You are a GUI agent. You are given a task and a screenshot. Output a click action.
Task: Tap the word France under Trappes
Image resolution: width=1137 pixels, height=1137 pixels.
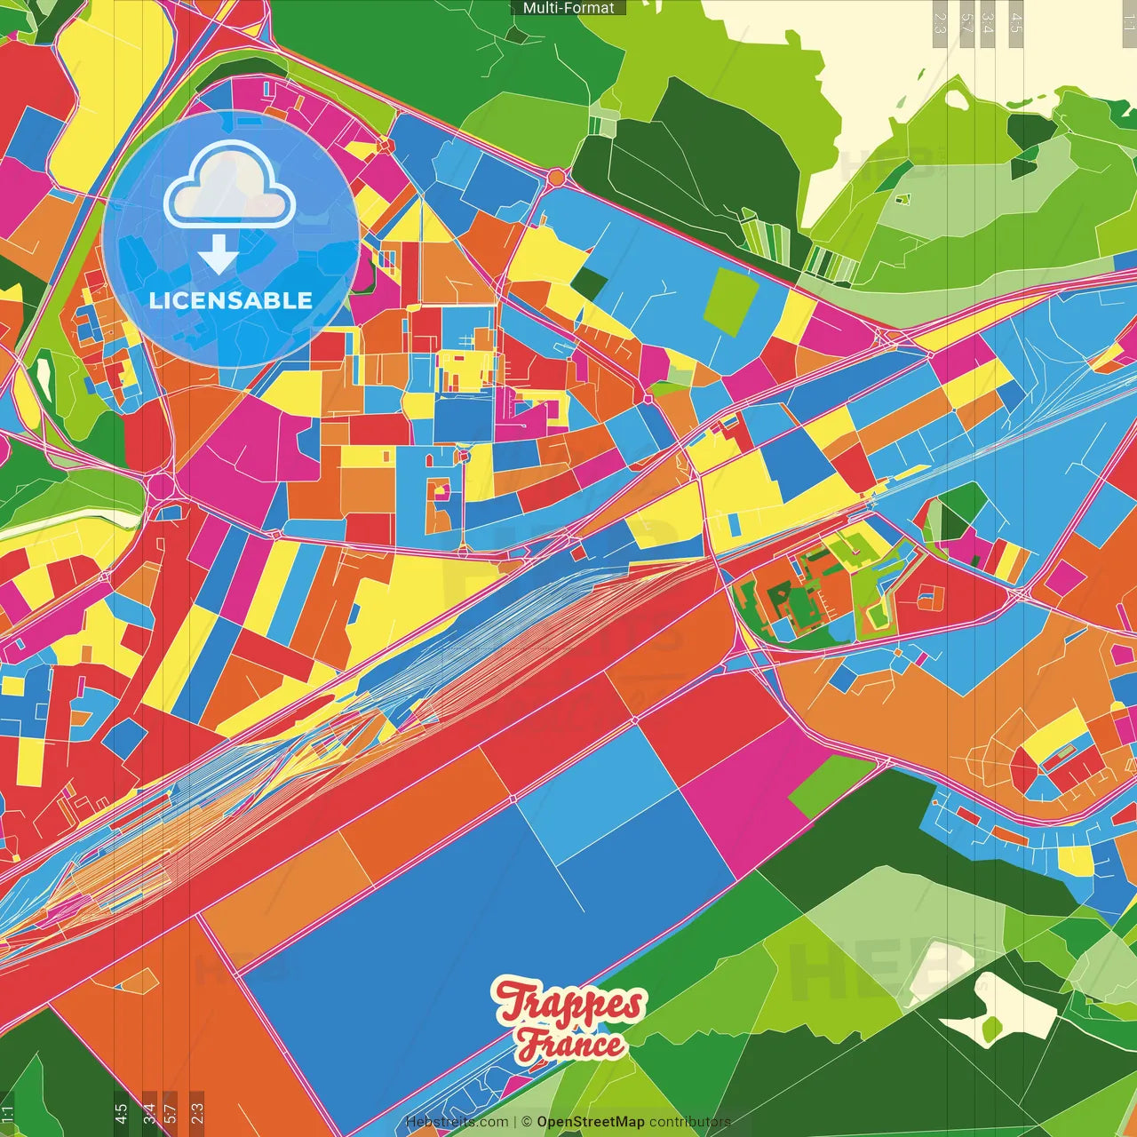tap(572, 1045)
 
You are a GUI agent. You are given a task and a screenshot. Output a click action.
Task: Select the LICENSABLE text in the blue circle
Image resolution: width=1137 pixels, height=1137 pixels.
tap(231, 300)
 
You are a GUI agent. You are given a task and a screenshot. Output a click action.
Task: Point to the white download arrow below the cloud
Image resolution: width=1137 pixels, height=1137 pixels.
tap(219, 256)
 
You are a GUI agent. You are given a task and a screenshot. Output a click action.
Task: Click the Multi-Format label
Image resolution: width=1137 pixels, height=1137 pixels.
tap(568, 8)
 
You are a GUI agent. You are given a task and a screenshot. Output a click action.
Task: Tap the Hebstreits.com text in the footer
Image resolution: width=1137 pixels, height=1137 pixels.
tap(457, 1122)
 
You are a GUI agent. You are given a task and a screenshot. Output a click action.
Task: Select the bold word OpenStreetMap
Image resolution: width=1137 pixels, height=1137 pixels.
tap(590, 1122)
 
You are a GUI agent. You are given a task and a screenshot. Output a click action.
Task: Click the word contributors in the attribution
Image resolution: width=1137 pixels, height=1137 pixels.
tap(689, 1122)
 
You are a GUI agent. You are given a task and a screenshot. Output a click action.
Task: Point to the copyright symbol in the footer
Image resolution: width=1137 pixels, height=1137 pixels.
tap(526, 1122)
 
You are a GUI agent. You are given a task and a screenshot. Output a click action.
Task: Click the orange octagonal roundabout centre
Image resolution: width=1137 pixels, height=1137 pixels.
tap(556, 178)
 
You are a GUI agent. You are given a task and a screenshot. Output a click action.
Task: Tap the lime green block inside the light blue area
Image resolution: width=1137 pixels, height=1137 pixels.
tap(731, 300)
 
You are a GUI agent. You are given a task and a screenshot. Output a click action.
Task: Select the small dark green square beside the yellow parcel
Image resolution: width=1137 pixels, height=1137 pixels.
tap(588, 282)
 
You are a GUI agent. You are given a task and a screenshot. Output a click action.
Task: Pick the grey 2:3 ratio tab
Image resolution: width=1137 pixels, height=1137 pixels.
tap(197, 1112)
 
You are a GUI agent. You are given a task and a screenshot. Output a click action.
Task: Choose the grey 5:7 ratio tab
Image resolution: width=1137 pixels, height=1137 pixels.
tap(171, 1112)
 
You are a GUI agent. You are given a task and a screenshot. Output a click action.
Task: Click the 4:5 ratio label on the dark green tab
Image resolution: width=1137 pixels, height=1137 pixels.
tap(121, 1112)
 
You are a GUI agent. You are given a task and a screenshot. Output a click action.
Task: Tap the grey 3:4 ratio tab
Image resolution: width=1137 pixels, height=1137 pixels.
tap(149, 1112)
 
